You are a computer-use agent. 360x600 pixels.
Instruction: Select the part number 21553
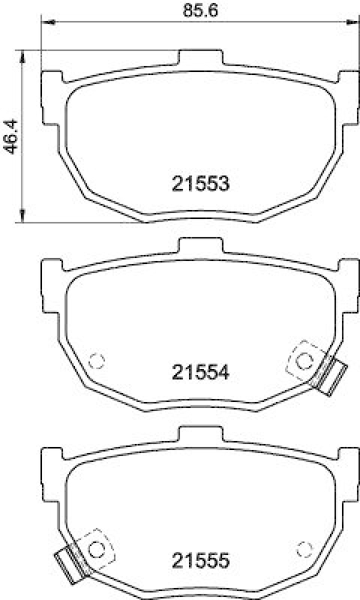(199, 182)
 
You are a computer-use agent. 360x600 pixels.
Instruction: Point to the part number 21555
(199, 559)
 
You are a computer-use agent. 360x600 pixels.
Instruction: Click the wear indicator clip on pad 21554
(330, 375)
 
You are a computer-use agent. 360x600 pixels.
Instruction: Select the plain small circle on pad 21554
(95, 361)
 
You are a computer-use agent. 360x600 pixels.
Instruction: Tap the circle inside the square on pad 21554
(304, 361)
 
